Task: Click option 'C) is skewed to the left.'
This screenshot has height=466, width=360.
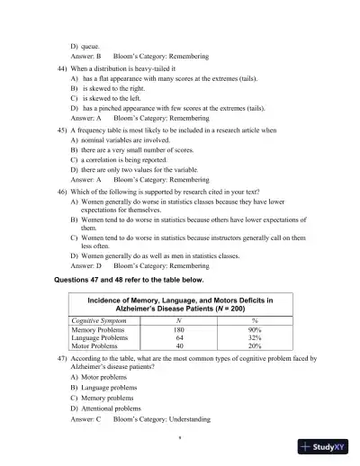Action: pos(111,100)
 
